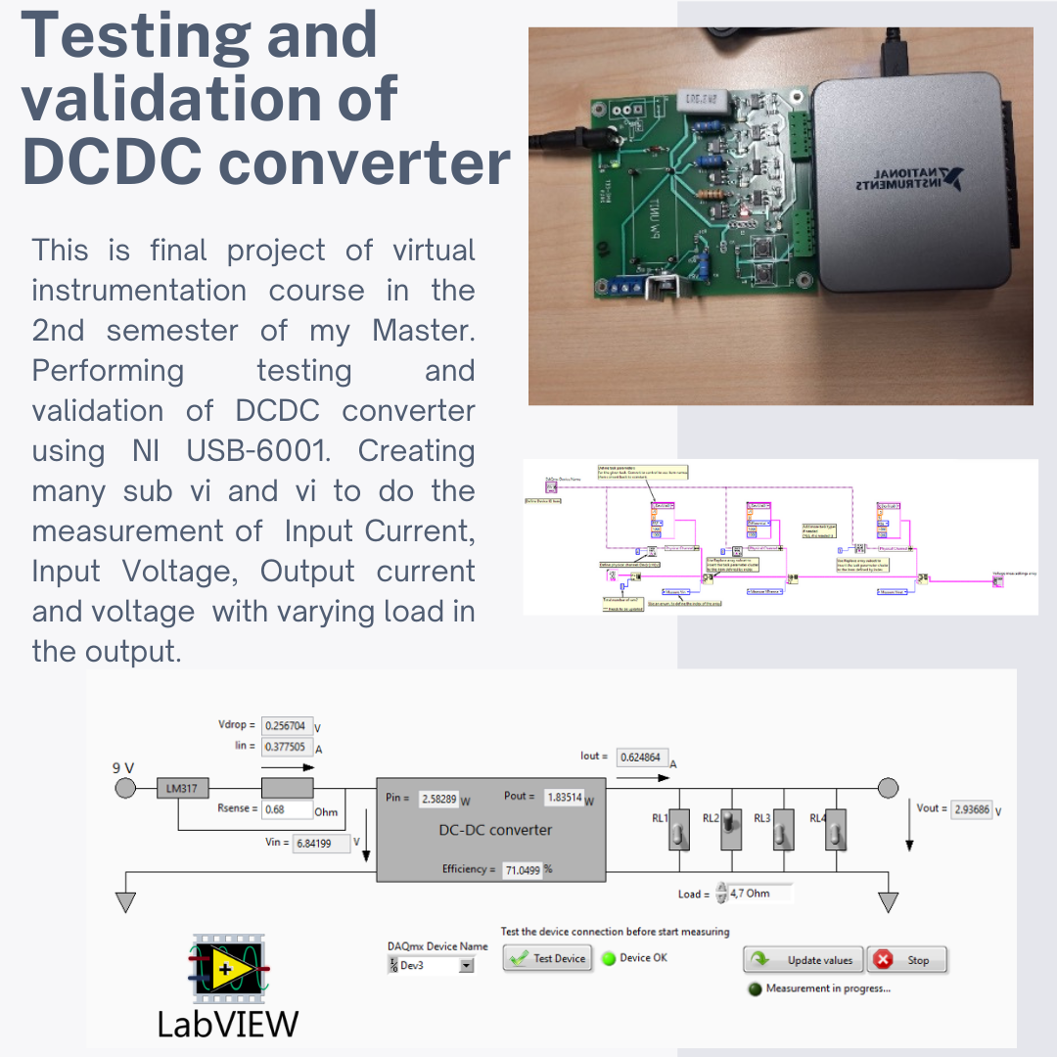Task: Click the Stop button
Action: click(906, 959)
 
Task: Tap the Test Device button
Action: click(548, 958)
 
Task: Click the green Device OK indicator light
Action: click(609, 958)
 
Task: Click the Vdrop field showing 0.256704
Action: click(288, 726)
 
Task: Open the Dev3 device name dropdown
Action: click(466, 966)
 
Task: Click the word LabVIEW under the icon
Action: click(227, 1023)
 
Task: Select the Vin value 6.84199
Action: click(319, 843)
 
